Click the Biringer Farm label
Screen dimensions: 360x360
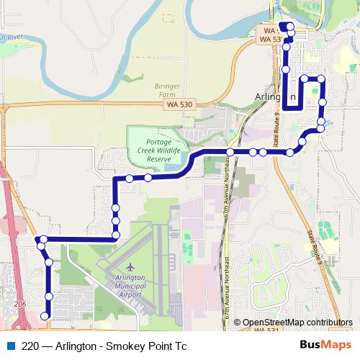point(166,89)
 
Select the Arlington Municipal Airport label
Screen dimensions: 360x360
point(130,285)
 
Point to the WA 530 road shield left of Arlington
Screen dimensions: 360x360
point(178,105)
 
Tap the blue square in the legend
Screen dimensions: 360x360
point(12,346)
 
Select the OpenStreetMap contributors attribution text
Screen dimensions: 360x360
point(297,323)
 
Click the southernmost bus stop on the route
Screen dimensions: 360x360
point(45,315)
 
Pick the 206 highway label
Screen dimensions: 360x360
point(19,305)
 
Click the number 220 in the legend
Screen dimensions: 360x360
point(31,346)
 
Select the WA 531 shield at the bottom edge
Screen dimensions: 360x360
point(266,329)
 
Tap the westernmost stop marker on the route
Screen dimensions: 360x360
point(43,239)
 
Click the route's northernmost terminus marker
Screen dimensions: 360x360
point(289,27)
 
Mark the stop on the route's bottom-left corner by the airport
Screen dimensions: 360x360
point(115,235)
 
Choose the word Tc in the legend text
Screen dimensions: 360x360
point(179,346)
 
